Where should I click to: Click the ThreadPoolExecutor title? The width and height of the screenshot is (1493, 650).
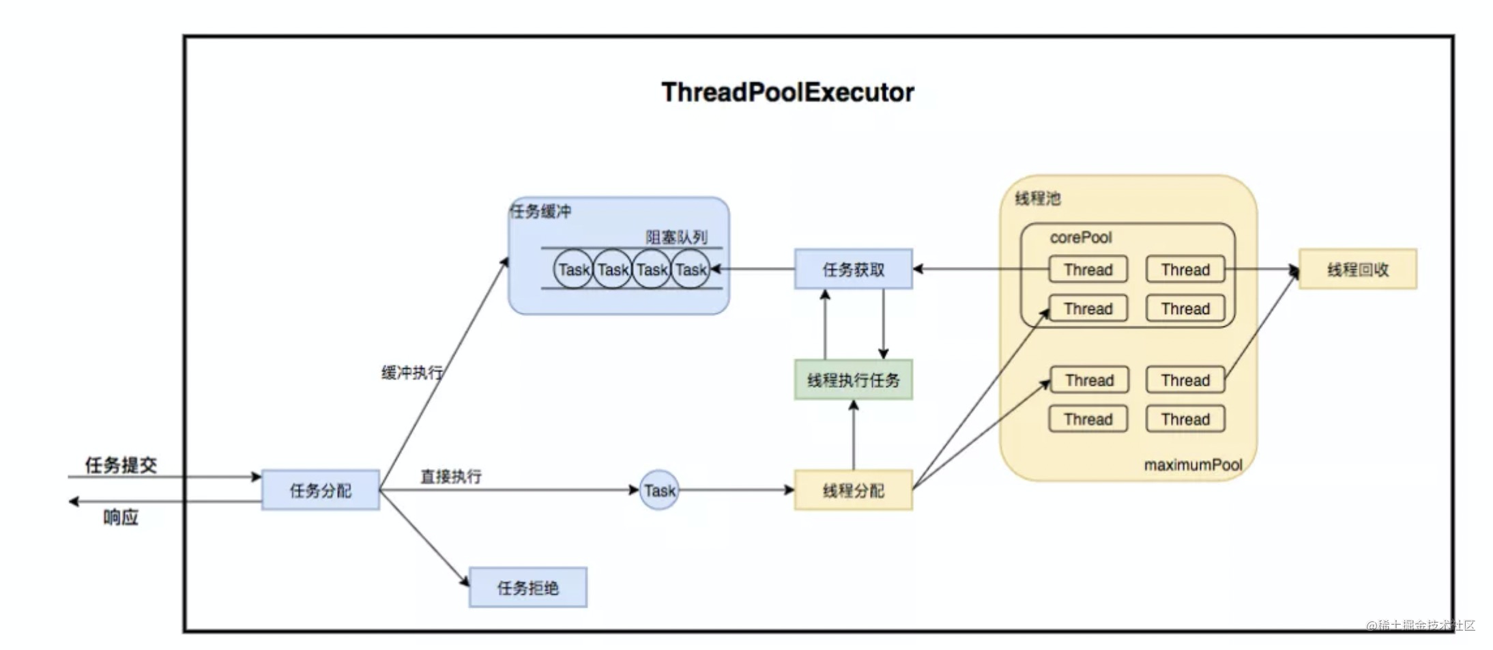787,92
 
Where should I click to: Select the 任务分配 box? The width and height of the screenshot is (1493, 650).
320,490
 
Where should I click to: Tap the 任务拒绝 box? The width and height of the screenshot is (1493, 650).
527,587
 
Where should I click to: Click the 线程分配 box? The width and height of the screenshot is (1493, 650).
853,490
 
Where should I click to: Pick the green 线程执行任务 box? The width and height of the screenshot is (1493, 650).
853,380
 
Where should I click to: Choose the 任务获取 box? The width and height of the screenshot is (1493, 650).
853,269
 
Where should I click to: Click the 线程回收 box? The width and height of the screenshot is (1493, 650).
1357,269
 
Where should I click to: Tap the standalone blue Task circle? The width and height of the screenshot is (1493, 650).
659,490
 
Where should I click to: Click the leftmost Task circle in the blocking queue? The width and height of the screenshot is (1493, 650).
573,269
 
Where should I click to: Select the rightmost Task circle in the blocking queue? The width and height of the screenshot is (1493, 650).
691,269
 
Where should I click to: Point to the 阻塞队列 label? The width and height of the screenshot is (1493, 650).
676,237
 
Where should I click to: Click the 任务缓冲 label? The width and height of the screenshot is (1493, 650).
540,211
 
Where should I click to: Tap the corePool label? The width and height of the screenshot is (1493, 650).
1081,237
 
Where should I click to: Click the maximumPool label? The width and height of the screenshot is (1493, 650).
1193,464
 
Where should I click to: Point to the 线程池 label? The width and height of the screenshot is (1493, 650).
1037,199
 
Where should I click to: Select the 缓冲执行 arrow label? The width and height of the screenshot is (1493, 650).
412,373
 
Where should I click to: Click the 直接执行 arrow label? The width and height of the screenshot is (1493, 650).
451,476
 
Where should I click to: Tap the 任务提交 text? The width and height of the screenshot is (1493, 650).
121,466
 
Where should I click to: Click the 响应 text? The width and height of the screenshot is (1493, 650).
121,518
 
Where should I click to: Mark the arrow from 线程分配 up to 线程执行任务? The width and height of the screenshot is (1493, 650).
853,435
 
